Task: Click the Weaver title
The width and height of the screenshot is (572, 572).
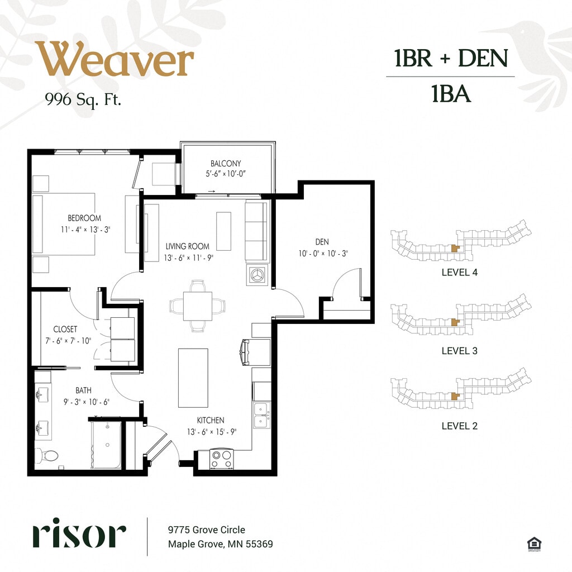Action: tap(114, 59)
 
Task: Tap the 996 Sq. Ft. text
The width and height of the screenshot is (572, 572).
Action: tap(83, 99)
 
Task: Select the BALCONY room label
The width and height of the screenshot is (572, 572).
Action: tap(226, 164)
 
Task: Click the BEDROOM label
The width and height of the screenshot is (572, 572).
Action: tap(84, 218)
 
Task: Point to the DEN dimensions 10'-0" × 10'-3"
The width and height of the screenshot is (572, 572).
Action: tap(323, 253)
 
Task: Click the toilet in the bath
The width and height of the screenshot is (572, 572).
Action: tap(47, 456)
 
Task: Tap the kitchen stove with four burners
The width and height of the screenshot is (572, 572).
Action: tap(222, 459)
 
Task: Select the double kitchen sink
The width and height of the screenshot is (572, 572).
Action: tap(262, 415)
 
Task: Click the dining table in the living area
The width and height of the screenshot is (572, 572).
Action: tap(197, 306)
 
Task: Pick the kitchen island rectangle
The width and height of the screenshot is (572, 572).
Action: tap(193, 378)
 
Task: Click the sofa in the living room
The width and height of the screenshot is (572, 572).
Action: tap(256, 232)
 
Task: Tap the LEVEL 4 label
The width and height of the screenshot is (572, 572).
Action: tap(459, 272)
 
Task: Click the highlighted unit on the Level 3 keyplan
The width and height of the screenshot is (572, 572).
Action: tap(455, 322)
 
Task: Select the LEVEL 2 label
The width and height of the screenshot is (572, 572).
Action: tap(459, 426)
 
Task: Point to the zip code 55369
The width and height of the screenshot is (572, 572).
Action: tap(259, 544)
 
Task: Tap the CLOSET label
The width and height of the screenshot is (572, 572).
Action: tap(65, 329)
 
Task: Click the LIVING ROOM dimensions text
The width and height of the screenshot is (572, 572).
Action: tap(189, 258)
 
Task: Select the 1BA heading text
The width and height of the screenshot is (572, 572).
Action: tap(451, 93)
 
